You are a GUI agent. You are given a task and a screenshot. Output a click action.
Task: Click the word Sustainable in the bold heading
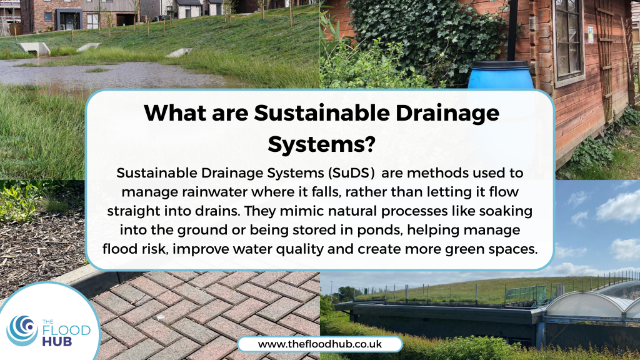(321, 112)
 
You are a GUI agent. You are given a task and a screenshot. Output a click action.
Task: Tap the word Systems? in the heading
(321, 144)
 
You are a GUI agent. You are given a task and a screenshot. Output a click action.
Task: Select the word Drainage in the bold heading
(447, 114)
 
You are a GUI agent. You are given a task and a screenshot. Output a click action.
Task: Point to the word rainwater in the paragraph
(214, 192)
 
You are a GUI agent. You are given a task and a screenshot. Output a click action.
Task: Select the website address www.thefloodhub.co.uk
(320, 344)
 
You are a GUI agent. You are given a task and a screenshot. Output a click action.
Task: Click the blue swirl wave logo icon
(22, 330)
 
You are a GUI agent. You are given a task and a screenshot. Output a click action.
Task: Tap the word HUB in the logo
(57, 341)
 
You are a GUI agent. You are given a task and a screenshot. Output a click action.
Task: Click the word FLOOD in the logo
(66, 330)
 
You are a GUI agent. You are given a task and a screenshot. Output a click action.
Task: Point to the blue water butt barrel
(500, 75)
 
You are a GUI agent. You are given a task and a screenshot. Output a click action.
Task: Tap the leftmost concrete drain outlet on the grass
(34, 49)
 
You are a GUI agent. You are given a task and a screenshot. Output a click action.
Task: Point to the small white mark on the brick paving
(162, 317)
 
